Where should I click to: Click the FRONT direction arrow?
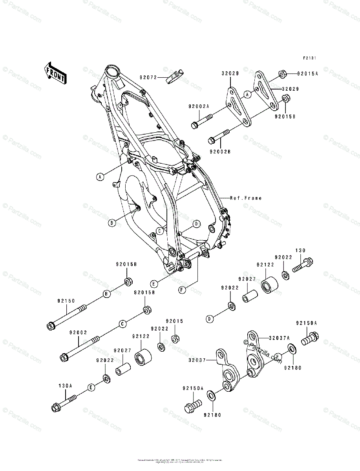55,73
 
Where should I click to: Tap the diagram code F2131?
309,58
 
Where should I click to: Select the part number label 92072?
148,77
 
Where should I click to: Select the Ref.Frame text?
246,198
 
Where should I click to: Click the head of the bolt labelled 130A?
56,407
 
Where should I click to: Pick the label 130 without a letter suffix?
300,250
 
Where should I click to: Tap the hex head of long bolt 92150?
50,325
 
